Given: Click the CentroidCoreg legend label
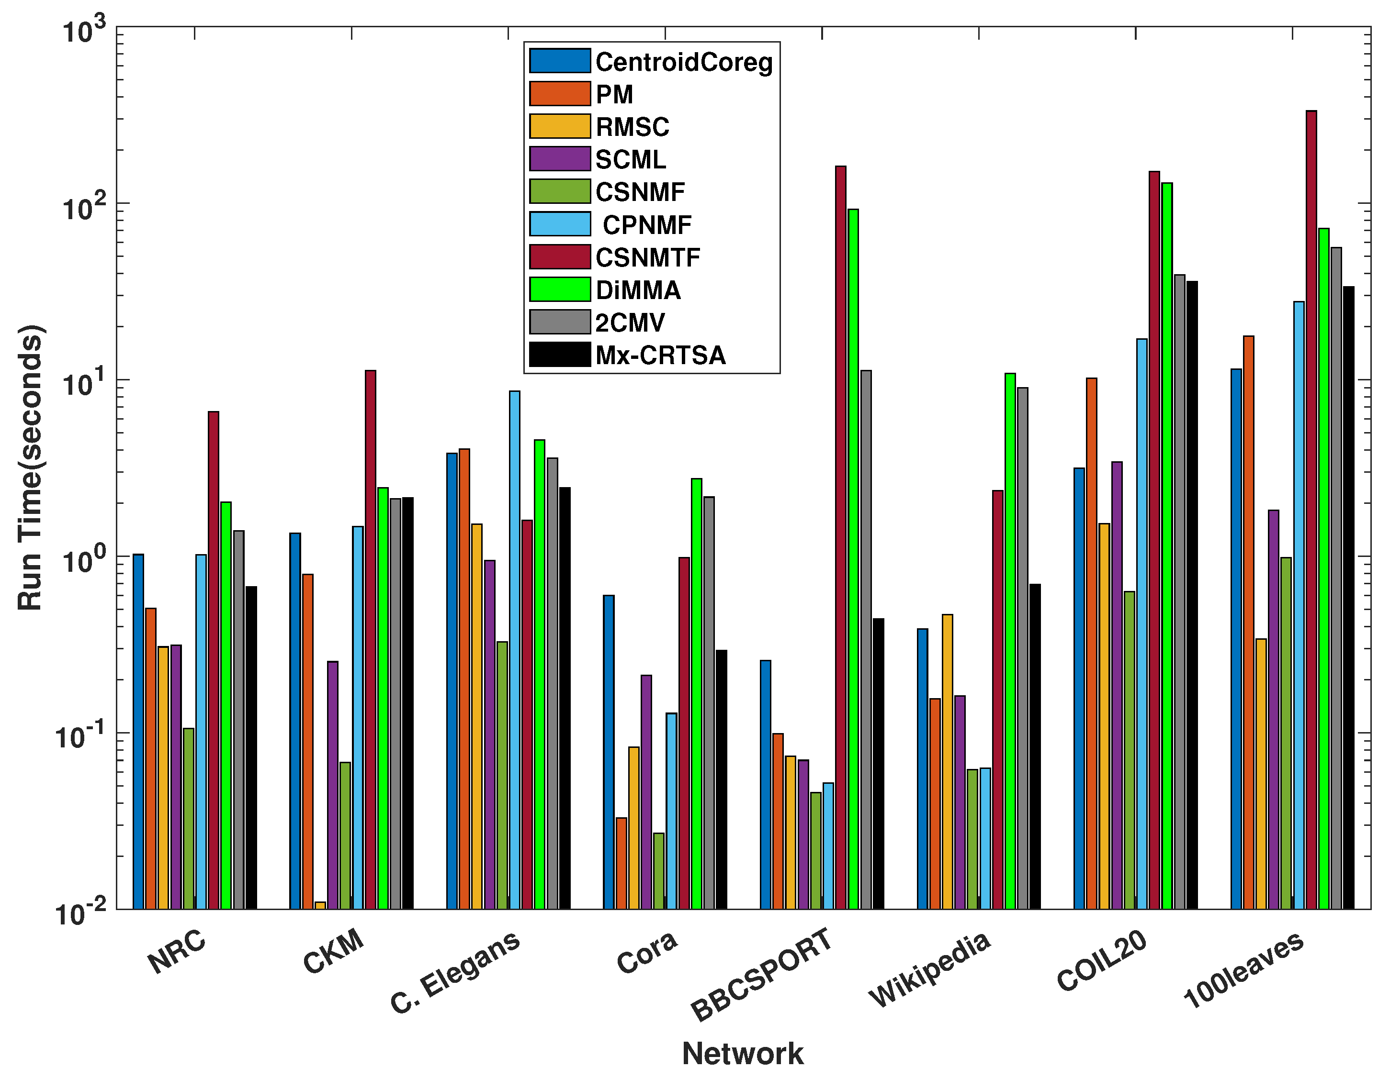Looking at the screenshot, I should pos(684,62).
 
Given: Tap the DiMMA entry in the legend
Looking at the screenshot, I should pos(638,290).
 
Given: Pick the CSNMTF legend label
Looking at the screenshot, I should pos(647,257).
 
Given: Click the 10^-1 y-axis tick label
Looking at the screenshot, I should pos(79,736).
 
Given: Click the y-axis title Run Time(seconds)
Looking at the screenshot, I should pos(29,467).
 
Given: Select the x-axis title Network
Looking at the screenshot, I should pos(742,1053).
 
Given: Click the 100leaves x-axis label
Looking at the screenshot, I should pos(1243,970).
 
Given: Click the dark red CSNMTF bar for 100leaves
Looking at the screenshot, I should pos(1311,509).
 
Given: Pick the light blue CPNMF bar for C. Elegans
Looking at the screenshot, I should pos(514,649).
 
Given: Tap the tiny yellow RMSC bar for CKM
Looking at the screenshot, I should pos(320,905).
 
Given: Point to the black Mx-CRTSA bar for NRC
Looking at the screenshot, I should pos(251,747).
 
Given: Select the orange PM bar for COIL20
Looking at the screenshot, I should pos(1092,643).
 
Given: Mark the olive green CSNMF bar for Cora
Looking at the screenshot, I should pos(659,870).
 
